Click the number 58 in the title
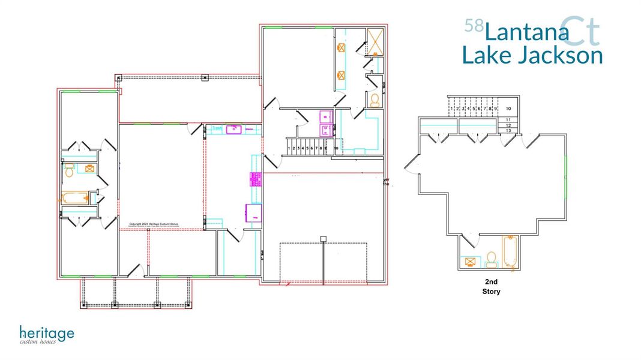(x=474, y=26)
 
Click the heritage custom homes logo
(x=46, y=335)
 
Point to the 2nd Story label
(x=491, y=286)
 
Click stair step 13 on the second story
(x=508, y=130)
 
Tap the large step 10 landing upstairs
(x=508, y=109)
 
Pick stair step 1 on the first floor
(x=289, y=148)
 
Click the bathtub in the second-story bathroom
(x=510, y=251)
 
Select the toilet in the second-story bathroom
(x=492, y=259)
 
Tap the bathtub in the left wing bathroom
(x=74, y=198)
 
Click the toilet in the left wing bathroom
(x=69, y=172)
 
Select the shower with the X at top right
(x=375, y=42)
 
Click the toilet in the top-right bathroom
(x=375, y=100)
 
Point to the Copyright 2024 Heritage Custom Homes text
(x=157, y=224)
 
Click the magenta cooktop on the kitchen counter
(x=254, y=178)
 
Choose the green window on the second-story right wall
(x=565, y=176)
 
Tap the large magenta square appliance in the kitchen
(x=253, y=212)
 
